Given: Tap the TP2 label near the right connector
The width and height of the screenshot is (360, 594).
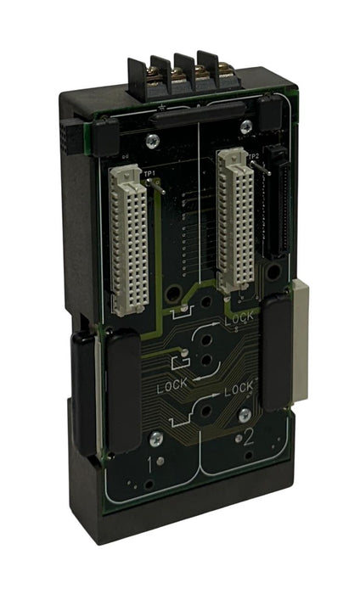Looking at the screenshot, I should (x=253, y=155).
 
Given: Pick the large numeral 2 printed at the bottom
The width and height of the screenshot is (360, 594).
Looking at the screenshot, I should (x=248, y=440).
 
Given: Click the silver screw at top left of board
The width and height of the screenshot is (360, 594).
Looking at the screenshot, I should (x=150, y=140).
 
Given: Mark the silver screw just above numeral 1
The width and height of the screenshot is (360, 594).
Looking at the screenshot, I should (x=155, y=439).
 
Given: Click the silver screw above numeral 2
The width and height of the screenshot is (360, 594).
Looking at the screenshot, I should (x=245, y=415).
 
